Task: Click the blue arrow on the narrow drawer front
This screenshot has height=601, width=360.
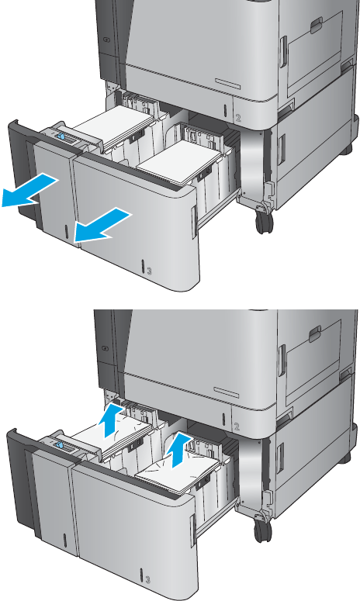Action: click(29, 190)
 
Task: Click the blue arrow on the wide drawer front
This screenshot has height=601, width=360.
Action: click(102, 225)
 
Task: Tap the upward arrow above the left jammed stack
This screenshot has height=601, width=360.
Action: click(111, 420)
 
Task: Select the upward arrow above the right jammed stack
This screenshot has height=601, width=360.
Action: click(179, 451)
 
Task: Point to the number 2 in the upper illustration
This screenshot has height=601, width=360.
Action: click(238, 119)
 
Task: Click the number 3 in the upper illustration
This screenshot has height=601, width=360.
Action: click(149, 271)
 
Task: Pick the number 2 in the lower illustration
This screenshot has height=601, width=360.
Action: click(237, 427)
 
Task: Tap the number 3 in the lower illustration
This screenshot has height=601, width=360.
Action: click(148, 579)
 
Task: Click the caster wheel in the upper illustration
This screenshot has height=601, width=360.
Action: click(263, 221)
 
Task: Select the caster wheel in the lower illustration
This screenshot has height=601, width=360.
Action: click(262, 530)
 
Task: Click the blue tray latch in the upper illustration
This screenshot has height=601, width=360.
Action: click(61, 136)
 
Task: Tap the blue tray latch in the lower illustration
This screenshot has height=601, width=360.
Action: click(59, 445)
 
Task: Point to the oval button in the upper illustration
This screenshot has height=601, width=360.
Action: click(107, 40)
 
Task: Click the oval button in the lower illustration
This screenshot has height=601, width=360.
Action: click(106, 348)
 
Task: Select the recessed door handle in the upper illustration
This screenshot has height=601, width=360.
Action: click(316, 26)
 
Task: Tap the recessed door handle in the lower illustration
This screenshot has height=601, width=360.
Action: click(315, 334)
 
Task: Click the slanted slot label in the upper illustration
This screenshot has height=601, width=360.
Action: click(227, 84)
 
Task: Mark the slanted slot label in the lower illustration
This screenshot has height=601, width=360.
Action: click(227, 392)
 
